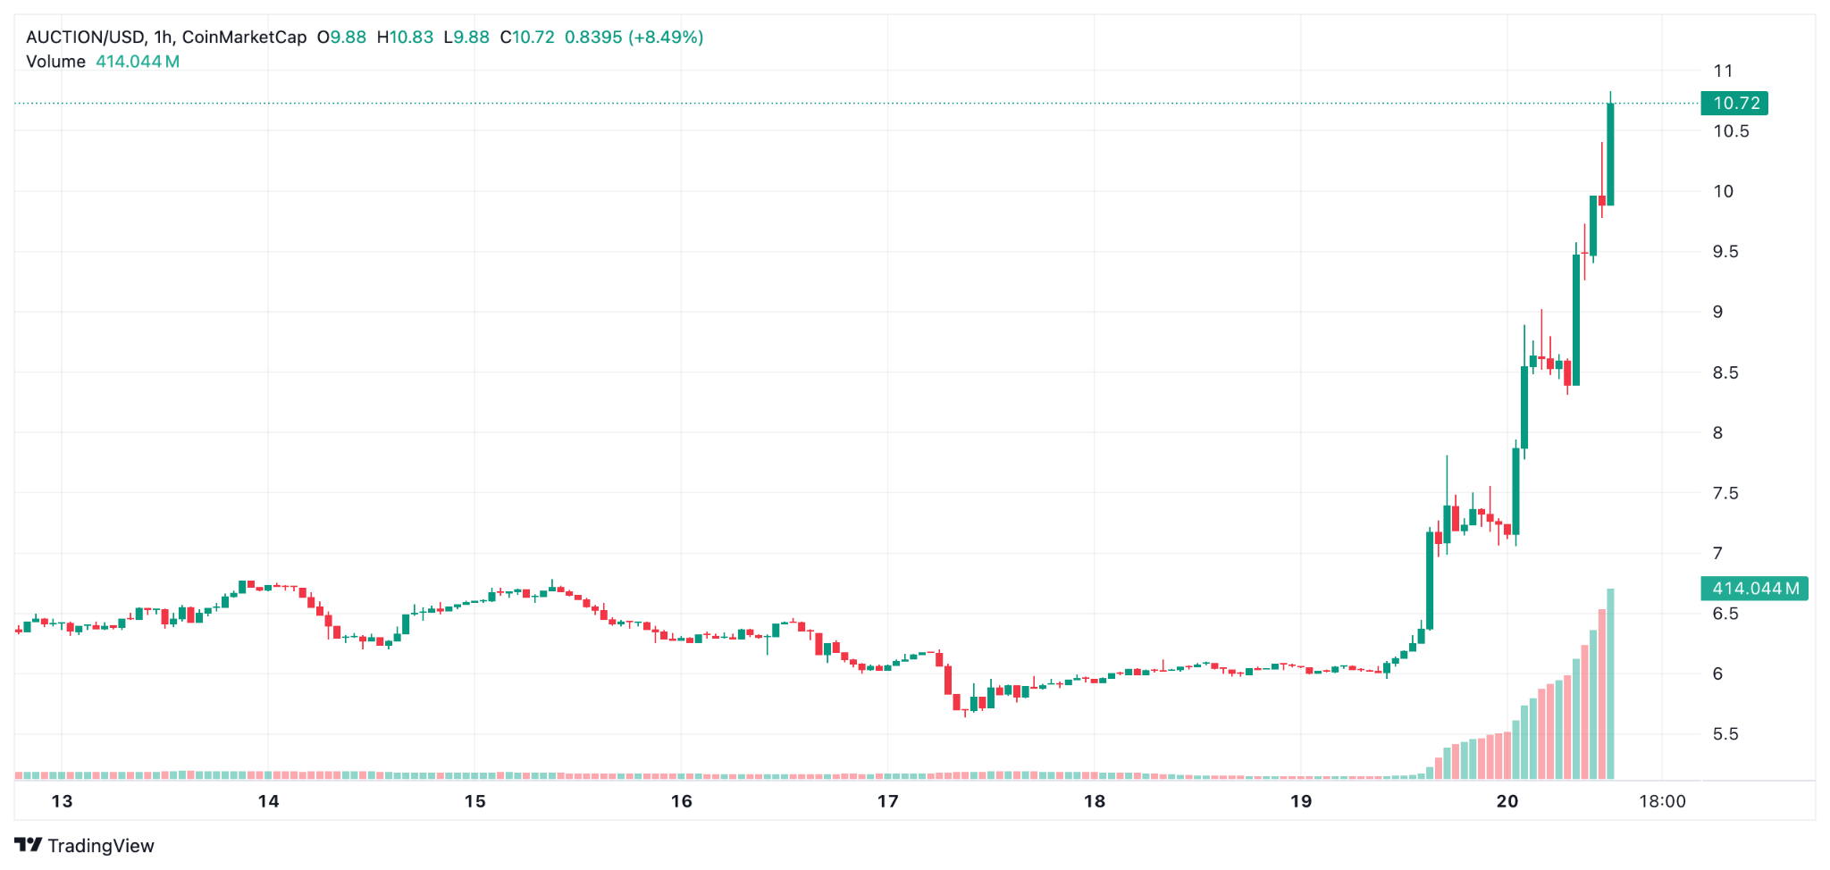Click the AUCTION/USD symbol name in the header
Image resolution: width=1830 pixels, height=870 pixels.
pyautogui.click(x=85, y=38)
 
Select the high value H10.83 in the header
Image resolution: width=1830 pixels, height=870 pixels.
pyautogui.click(x=405, y=38)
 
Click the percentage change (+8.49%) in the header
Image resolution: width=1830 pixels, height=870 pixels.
pyautogui.click(x=666, y=38)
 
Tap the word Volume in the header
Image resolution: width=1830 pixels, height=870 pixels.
pyautogui.click(x=55, y=62)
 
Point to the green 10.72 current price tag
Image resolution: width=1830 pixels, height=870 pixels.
pyautogui.click(x=1734, y=104)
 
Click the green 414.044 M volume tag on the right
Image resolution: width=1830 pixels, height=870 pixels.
pyautogui.click(x=1754, y=589)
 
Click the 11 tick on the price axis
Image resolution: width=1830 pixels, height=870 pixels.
pyautogui.click(x=1722, y=71)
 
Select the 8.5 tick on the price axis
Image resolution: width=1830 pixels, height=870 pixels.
pyautogui.click(x=1725, y=372)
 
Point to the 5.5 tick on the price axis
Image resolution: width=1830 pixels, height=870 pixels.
pyautogui.click(x=1725, y=734)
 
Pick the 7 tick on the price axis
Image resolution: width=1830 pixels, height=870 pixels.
pyautogui.click(x=1717, y=553)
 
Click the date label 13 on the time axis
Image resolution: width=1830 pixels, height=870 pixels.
pyautogui.click(x=62, y=801)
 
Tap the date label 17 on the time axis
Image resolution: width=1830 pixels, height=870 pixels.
pyautogui.click(x=887, y=801)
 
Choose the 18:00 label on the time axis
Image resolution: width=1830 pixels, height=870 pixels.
pyautogui.click(x=1662, y=801)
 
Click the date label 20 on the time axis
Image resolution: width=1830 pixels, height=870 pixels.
pyautogui.click(x=1507, y=801)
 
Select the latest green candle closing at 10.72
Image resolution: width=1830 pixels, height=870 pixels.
pyautogui.click(x=1610, y=154)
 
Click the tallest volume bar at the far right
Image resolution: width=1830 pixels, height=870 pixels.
pyautogui.click(x=1610, y=683)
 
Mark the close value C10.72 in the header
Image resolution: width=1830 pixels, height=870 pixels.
pyautogui.click(x=527, y=38)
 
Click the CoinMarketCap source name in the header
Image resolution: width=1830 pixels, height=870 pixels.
pyautogui.click(x=244, y=38)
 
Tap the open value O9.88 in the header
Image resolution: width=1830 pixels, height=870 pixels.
pyautogui.click(x=341, y=38)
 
